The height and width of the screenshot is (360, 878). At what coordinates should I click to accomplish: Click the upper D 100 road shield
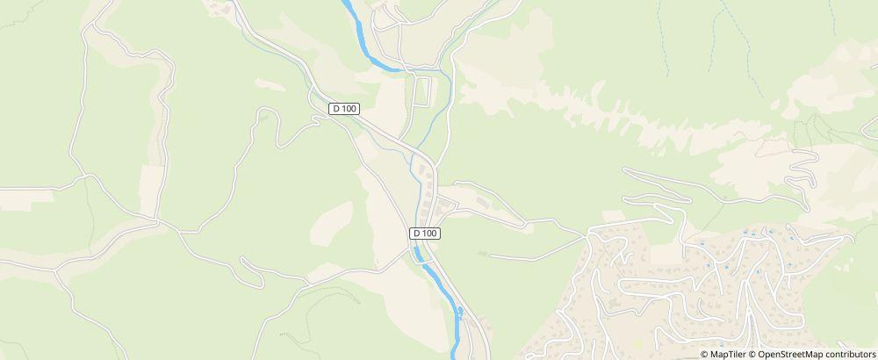[x=345, y=108]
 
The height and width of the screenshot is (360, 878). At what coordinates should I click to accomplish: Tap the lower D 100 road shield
[x=424, y=234]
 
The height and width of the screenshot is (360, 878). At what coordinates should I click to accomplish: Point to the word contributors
[x=849, y=354]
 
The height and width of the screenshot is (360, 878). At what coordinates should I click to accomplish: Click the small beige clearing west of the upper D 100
[x=268, y=84]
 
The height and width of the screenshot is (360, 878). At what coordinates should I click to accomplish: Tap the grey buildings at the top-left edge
[x=224, y=9]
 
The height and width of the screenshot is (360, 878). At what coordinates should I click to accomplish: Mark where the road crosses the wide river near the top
[x=401, y=67]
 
